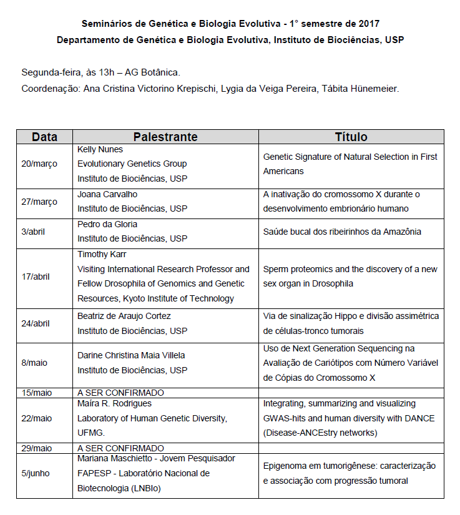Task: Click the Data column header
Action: coord(44,137)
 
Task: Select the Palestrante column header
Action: coord(165,137)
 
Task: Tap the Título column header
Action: coord(351,137)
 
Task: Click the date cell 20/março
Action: coord(39,164)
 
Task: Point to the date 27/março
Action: coord(39,202)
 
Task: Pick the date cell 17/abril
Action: coord(36,277)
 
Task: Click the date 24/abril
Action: coord(36,324)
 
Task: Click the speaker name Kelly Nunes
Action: coord(100,150)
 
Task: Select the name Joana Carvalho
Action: coord(107,194)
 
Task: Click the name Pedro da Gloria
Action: coord(107,224)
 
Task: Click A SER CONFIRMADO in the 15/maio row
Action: coord(120,393)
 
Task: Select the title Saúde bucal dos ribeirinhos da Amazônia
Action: coord(342,232)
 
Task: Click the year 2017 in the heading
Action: coord(366,24)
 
